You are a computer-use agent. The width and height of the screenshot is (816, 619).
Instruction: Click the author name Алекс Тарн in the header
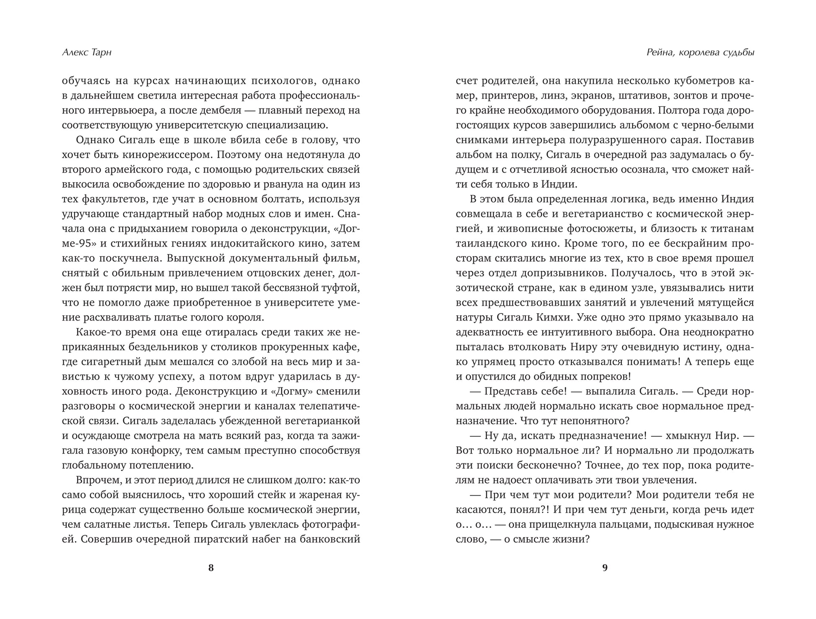(87, 53)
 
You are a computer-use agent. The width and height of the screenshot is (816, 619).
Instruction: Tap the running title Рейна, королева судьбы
(700, 53)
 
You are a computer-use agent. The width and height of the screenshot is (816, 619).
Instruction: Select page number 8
(211, 568)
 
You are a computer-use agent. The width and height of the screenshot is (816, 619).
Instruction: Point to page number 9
(605, 568)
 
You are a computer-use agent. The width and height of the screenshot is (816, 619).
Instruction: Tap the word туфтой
(338, 288)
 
